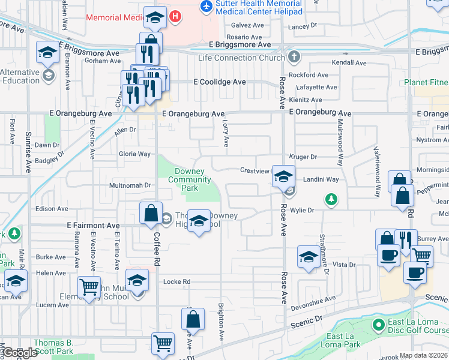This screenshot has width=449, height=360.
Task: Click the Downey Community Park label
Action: click(x=189, y=179)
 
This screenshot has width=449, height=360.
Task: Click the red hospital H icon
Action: click(x=175, y=17)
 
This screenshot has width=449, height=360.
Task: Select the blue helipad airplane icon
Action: click(x=207, y=6)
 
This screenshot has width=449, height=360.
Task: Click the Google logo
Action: click(x=20, y=353)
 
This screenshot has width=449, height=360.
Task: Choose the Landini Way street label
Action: click(x=321, y=179)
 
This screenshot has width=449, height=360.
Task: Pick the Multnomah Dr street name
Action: click(x=130, y=185)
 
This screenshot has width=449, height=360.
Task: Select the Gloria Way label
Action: click(x=134, y=154)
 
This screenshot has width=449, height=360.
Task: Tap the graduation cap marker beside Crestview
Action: click(x=283, y=176)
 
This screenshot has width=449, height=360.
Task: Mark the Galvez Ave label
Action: click(x=248, y=26)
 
